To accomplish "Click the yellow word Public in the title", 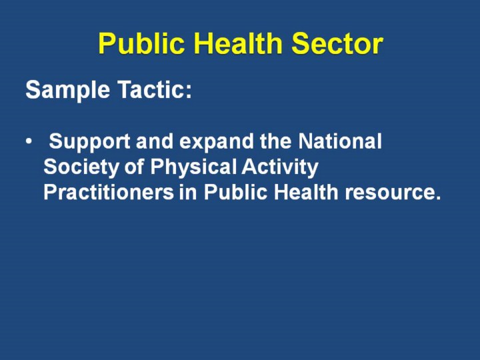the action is [141, 44].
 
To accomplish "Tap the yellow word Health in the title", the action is [238, 43].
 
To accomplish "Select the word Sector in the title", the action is [337, 44].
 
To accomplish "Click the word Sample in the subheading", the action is [67, 91].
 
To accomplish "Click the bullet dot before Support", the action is [29, 142].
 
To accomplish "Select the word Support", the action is [89, 142].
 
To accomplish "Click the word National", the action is [340, 141].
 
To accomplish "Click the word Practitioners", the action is [109, 192].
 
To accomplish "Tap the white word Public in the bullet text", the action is [235, 192].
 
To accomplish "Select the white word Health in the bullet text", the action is [306, 192].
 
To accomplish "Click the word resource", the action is [393, 193].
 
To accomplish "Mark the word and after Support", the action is [155, 141].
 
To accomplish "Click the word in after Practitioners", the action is [188, 192].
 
